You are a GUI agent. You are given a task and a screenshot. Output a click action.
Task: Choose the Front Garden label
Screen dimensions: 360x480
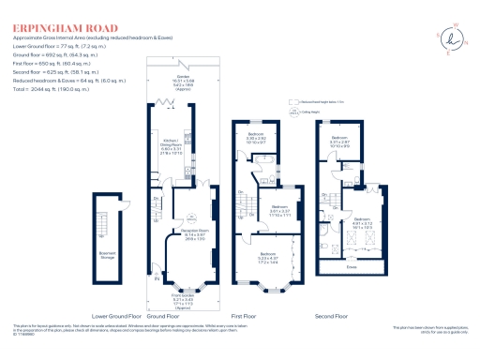coord(171,299)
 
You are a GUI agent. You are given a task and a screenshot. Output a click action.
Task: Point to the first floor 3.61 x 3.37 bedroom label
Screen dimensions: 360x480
coord(280,211)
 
